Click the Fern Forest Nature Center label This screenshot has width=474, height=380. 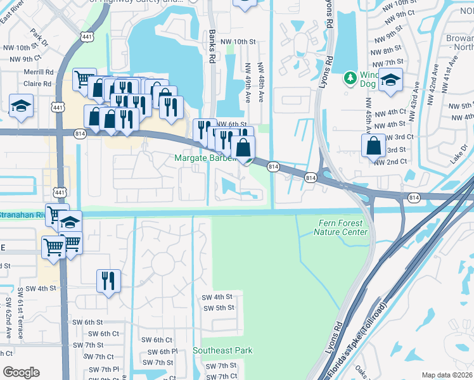pyautogui.click(x=341, y=227)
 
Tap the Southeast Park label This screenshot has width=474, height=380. pyautogui.click(x=222, y=350)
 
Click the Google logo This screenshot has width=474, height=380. pyautogui.click(x=21, y=372)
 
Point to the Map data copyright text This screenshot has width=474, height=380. pyautogui.click(x=447, y=375)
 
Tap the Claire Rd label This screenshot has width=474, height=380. pyautogui.click(x=37, y=84)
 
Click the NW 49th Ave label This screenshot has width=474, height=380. pyautogui.click(x=247, y=81)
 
